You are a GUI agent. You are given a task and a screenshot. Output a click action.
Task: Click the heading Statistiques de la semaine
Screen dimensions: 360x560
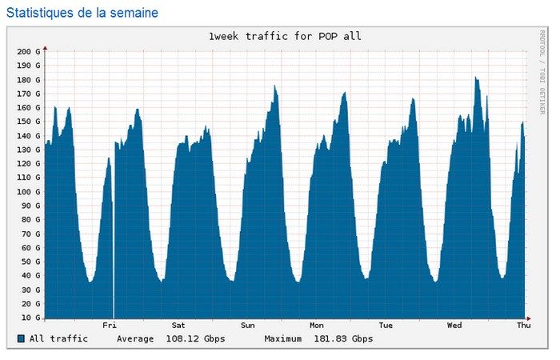tap(82, 13)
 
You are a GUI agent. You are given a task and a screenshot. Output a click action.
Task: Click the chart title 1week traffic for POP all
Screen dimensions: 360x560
tap(285, 37)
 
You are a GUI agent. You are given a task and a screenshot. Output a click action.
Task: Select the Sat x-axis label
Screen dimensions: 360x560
tap(178, 326)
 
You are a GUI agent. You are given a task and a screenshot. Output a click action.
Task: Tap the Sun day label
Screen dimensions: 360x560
tap(248, 326)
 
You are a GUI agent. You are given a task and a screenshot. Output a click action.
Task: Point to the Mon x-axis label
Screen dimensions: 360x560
tap(317, 326)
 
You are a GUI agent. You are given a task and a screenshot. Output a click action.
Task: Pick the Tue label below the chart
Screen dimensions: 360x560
tap(386, 326)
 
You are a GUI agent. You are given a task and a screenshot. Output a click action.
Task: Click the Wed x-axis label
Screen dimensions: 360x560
tap(454, 326)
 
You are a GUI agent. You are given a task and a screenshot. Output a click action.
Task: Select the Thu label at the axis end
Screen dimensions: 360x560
tap(523, 326)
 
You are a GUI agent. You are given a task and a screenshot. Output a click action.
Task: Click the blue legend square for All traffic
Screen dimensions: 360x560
tap(21, 339)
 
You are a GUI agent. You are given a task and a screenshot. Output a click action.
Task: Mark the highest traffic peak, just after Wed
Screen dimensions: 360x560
tap(475, 78)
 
